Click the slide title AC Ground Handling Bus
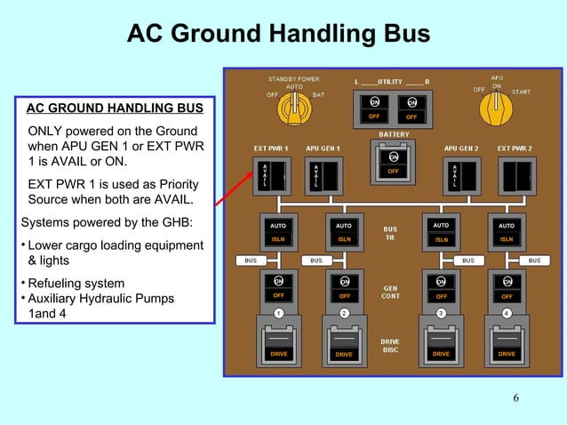pos(278,35)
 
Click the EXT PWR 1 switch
pos(272,174)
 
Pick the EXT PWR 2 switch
pos(515,174)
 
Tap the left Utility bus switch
pos(374,108)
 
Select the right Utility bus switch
pos(411,108)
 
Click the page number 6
pos(516,397)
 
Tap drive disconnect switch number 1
pos(278,342)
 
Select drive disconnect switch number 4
pos(507,342)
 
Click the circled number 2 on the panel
pos(344,313)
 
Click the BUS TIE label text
pos(390,233)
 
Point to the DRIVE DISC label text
pos(390,345)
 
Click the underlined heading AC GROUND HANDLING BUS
pos(115,109)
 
